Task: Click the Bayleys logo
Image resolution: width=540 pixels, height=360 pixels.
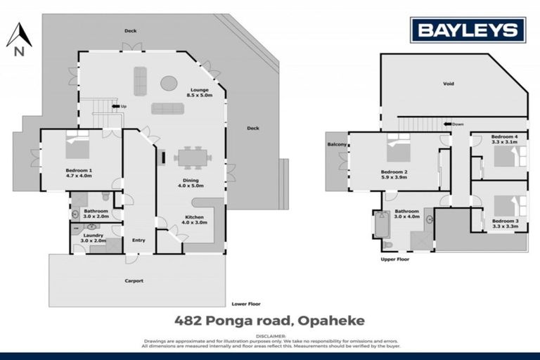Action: tap(468, 30)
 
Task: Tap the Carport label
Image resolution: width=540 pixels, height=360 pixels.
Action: tap(134, 281)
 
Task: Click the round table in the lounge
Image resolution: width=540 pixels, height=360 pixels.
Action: tap(169, 84)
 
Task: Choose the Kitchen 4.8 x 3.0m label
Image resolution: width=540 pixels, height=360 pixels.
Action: tap(194, 220)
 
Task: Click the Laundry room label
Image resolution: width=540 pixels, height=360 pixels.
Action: tap(95, 237)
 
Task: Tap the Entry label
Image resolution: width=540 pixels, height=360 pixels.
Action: tap(139, 240)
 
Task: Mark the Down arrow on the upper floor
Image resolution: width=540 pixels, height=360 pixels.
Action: tap(452, 124)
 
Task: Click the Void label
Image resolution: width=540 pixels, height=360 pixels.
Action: tap(449, 84)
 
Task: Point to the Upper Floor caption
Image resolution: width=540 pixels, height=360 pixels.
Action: tap(394, 259)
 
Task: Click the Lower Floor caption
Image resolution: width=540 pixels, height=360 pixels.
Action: tap(246, 304)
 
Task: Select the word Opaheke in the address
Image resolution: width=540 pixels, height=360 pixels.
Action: tap(331, 321)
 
